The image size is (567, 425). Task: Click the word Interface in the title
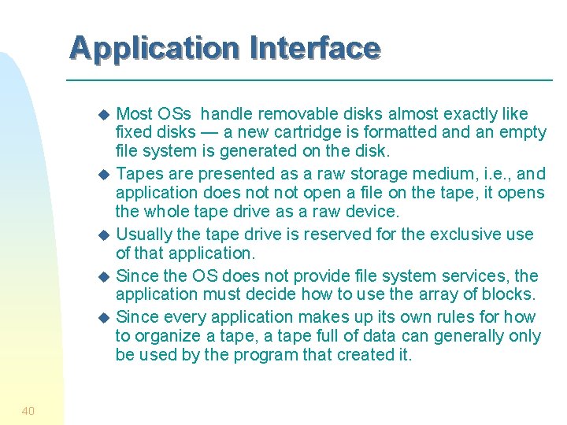click(x=315, y=48)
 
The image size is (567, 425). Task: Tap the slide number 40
click(x=28, y=410)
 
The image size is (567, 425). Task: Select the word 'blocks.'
click(x=509, y=294)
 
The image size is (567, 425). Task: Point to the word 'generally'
click(x=462, y=336)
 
